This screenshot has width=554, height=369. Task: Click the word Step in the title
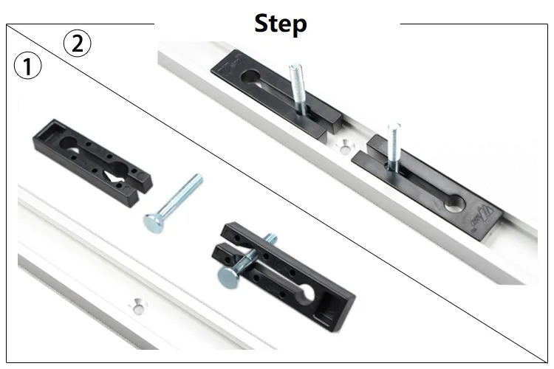point(281,24)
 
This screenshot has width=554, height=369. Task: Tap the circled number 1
point(27,66)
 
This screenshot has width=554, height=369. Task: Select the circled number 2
point(77,44)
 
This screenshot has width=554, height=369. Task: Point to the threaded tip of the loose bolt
point(197,179)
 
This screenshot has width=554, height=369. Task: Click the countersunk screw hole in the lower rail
point(138,306)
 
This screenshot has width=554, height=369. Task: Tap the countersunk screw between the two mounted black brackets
point(346,148)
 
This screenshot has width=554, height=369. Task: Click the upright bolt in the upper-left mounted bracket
point(298,89)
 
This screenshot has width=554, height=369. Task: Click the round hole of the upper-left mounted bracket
point(251,77)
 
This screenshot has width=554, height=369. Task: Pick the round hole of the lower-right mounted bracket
point(454,204)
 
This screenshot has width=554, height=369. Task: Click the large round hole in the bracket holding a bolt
point(307,292)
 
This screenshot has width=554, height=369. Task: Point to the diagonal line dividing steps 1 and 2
point(277,193)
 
